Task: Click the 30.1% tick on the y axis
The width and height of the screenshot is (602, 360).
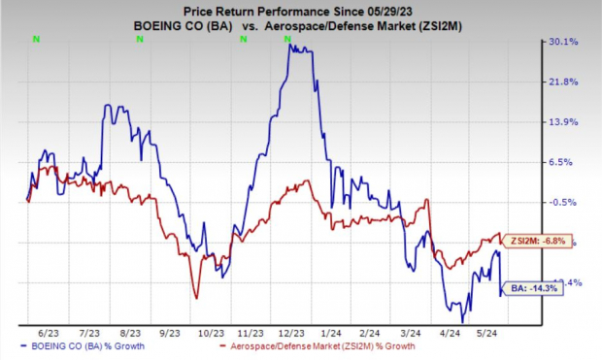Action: [567, 42]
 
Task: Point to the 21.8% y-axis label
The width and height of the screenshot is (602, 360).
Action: [567, 82]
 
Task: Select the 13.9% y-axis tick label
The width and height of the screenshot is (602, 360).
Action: [567, 122]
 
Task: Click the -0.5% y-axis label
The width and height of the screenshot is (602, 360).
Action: [567, 202]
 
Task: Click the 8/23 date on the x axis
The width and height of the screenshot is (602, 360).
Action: [131, 331]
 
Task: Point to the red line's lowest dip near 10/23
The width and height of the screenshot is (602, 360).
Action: [196, 298]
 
